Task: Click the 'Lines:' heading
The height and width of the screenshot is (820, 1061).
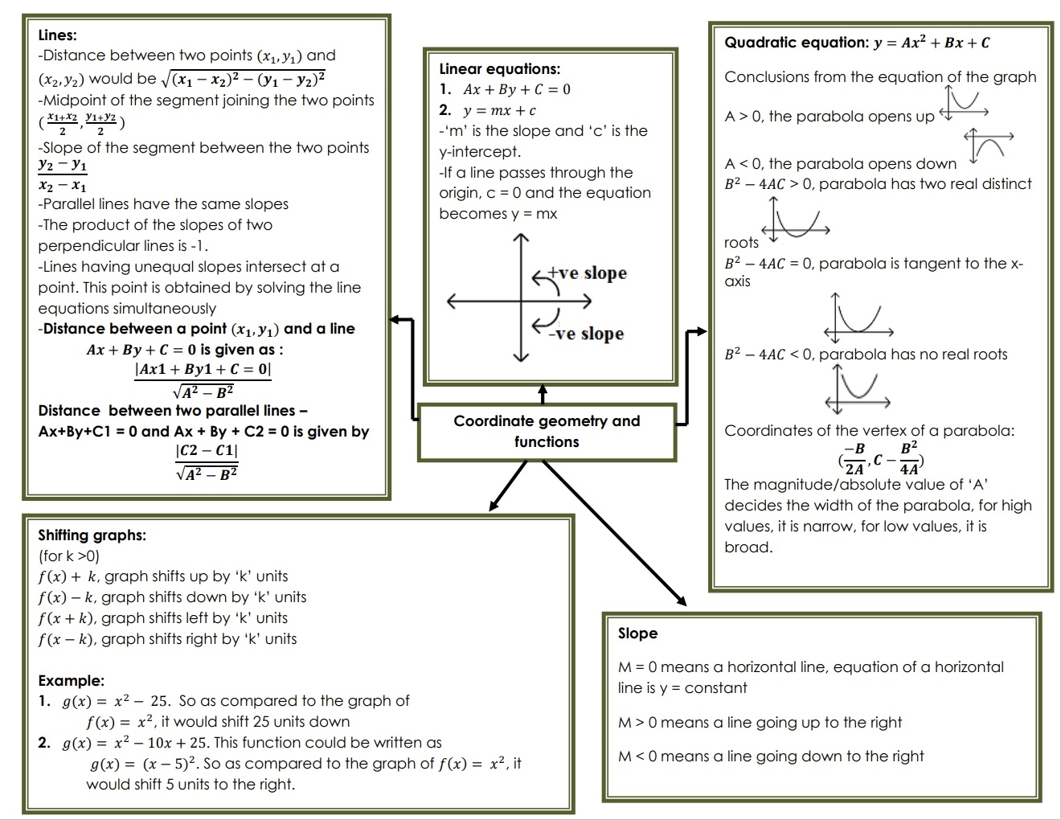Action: point(58,35)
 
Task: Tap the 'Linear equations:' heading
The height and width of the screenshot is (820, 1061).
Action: point(499,69)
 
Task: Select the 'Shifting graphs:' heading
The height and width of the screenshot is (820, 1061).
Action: point(92,535)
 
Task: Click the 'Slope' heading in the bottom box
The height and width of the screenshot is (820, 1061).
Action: point(637,633)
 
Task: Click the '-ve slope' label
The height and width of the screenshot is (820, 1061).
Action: point(586,334)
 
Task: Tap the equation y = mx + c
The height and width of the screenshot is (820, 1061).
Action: point(498,111)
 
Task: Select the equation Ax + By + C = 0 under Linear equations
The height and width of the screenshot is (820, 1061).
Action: point(516,90)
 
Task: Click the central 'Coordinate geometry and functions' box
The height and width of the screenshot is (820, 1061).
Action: point(547,432)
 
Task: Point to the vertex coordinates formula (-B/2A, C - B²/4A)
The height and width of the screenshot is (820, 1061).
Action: point(880,459)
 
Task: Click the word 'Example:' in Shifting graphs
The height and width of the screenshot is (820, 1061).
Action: point(72,681)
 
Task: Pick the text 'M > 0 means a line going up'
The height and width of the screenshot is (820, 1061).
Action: point(760,723)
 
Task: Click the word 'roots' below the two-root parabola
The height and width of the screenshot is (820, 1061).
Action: point(741,243)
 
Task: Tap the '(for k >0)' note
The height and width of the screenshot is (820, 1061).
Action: point(69,556)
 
